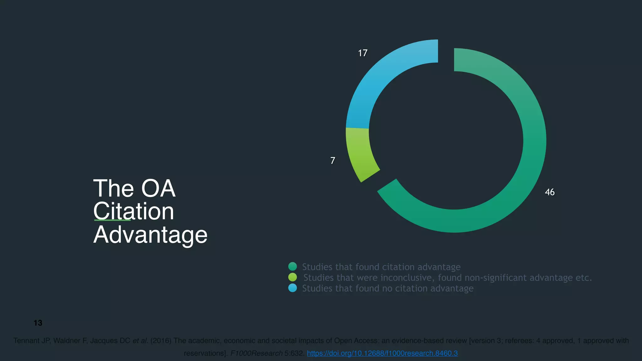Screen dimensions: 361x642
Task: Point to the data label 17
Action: [x=363, y=53]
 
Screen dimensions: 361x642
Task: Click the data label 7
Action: [x=333, y=161]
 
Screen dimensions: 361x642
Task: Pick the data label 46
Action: [x=550, y=192]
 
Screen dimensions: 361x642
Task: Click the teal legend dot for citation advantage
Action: [x=292, y=267]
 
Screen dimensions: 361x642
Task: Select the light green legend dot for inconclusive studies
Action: [x=292, y=277]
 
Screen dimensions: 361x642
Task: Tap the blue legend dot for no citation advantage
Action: [x=292, y=288]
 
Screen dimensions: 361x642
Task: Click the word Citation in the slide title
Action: [x=134, y=212]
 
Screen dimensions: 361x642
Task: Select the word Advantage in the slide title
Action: [x=150, y=235]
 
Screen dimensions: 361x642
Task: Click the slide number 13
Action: [x=38, y=323]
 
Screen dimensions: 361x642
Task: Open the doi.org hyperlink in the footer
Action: [x=382, y=353]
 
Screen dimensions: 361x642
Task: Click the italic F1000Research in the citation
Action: [x=256, y=353]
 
